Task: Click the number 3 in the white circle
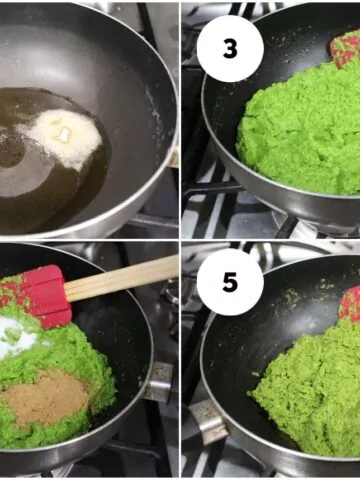click(x=230, y=49)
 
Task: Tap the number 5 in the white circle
click(x=230, y=282)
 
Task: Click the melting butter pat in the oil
click(x=64, y=134)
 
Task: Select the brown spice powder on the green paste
click(x=45, y=397)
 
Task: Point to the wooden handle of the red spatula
click(x=122, y=279)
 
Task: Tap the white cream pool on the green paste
click(x=17, y=337)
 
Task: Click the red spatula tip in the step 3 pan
click(x=346, y=49)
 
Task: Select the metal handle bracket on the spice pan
click(x=159, y=381)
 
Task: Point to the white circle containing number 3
click(x=230, y=49)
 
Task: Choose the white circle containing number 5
click(x=230, y=282)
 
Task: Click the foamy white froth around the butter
click(x=60, y=137)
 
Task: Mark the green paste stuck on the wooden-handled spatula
click(x=14, y=289)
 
